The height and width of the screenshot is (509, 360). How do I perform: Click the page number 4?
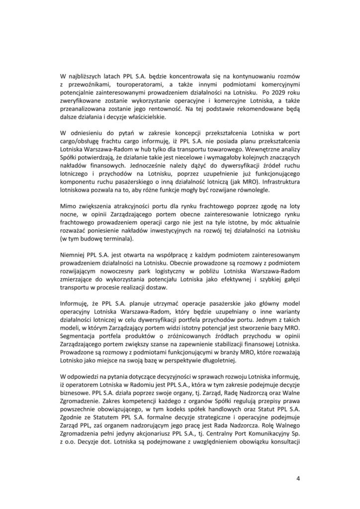(x=298, y=479)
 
